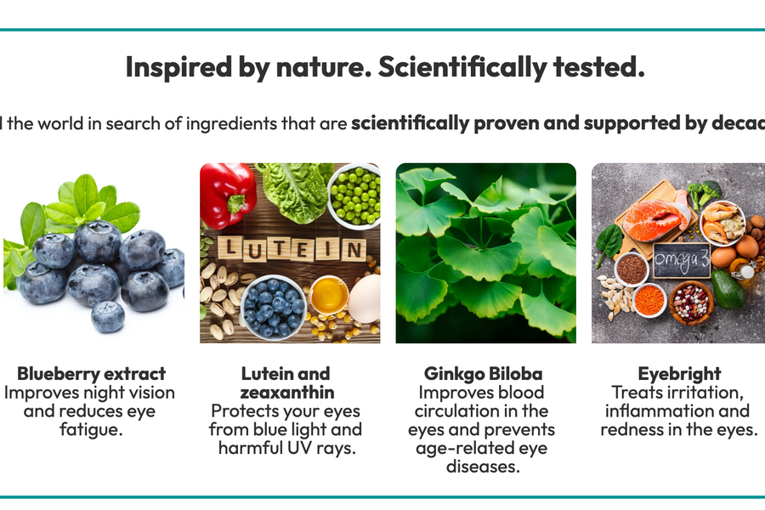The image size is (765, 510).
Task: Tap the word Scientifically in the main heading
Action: click(462, 68)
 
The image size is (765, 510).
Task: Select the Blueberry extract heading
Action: click(91, 374)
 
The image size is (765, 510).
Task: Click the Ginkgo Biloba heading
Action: click(483, 374)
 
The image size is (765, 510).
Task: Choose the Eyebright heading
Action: click(679, 374)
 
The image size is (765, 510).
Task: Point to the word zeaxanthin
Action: click(287, 393)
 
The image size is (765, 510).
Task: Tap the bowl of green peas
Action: click(354, 195)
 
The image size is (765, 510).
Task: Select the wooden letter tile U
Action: click(254, 250)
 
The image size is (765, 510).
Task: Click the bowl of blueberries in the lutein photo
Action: click(272, 308)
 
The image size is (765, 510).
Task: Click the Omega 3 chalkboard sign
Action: click(682, 260)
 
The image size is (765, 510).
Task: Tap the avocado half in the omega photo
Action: click(728, 289)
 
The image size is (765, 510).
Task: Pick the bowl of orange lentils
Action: click(649, 300)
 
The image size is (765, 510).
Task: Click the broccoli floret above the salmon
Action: click(704, 192)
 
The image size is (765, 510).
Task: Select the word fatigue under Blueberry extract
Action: click(91, 430)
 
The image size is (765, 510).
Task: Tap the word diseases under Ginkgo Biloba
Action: click(483, 467)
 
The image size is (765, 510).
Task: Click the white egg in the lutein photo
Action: click(366, 297)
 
